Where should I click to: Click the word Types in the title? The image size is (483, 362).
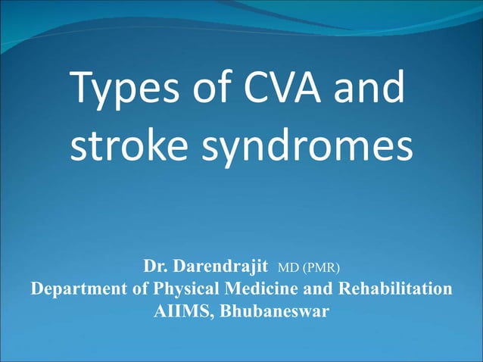pos(124,91)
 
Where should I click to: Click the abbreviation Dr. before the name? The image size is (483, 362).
pos(157,267)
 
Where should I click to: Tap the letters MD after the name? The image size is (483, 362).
pos(289,267)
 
